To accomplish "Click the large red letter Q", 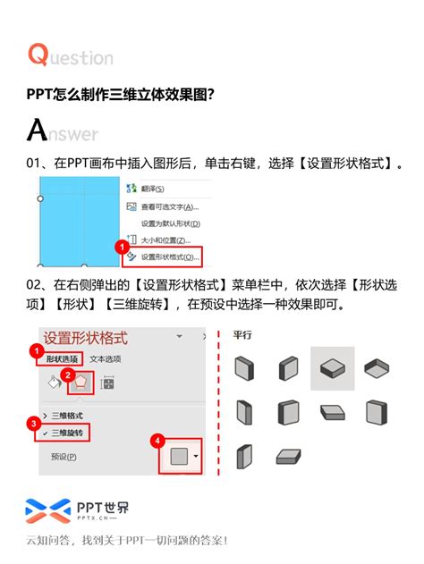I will point(38,55).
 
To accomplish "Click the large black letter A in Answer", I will point(37,130).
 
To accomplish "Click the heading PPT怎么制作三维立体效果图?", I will point(120,94).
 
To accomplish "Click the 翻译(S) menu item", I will point(152,189).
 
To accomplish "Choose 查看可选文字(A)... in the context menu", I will point(170,206).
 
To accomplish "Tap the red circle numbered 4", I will point(157,440).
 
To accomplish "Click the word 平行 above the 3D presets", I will point(242,335).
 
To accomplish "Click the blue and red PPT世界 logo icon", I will point(47,510).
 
